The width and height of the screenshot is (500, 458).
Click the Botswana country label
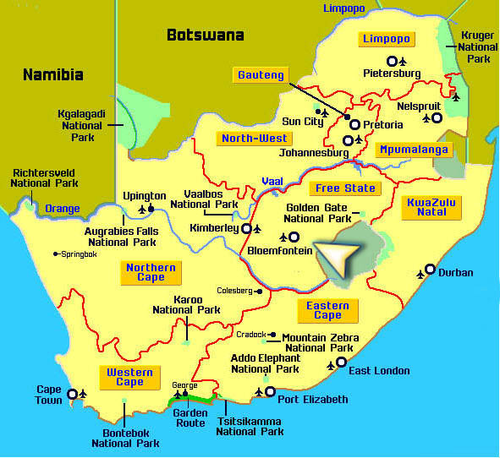(x=205, y=35)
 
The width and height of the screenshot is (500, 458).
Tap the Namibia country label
(x=52, y=74)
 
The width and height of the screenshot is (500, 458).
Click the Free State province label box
(x=344, y=188)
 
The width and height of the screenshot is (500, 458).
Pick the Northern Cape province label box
(x=151, y=272)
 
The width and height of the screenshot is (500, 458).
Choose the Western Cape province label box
(x=129, y=377)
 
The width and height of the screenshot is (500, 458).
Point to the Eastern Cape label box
(x=327, y=310)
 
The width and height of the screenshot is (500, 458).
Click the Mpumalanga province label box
(x=415, y=150)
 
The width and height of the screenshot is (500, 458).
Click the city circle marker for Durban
(x=430, y=270)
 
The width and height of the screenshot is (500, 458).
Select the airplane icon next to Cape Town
(x=83, y=394)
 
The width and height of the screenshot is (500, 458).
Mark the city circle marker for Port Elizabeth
(x=270, y=392)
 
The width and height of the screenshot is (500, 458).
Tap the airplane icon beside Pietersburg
(x=404, y=61)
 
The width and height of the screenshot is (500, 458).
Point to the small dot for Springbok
(x=56, y=254)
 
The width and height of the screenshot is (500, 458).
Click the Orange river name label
(x=63, y=209)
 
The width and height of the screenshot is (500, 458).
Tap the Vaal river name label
(x=272, y=181)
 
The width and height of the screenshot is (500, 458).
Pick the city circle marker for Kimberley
(x=246, y=228)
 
